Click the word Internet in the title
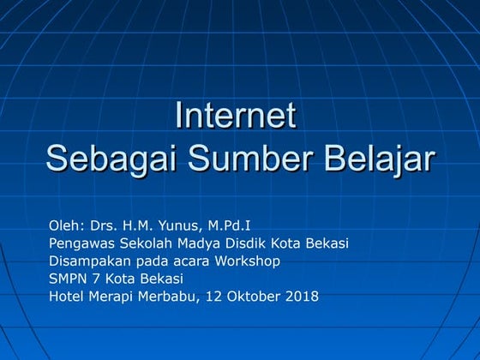236,116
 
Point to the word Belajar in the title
378,159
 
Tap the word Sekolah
145,243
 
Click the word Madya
198,243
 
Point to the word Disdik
245,243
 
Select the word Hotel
67,297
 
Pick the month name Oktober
250,297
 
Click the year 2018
301,297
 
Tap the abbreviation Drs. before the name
96,225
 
